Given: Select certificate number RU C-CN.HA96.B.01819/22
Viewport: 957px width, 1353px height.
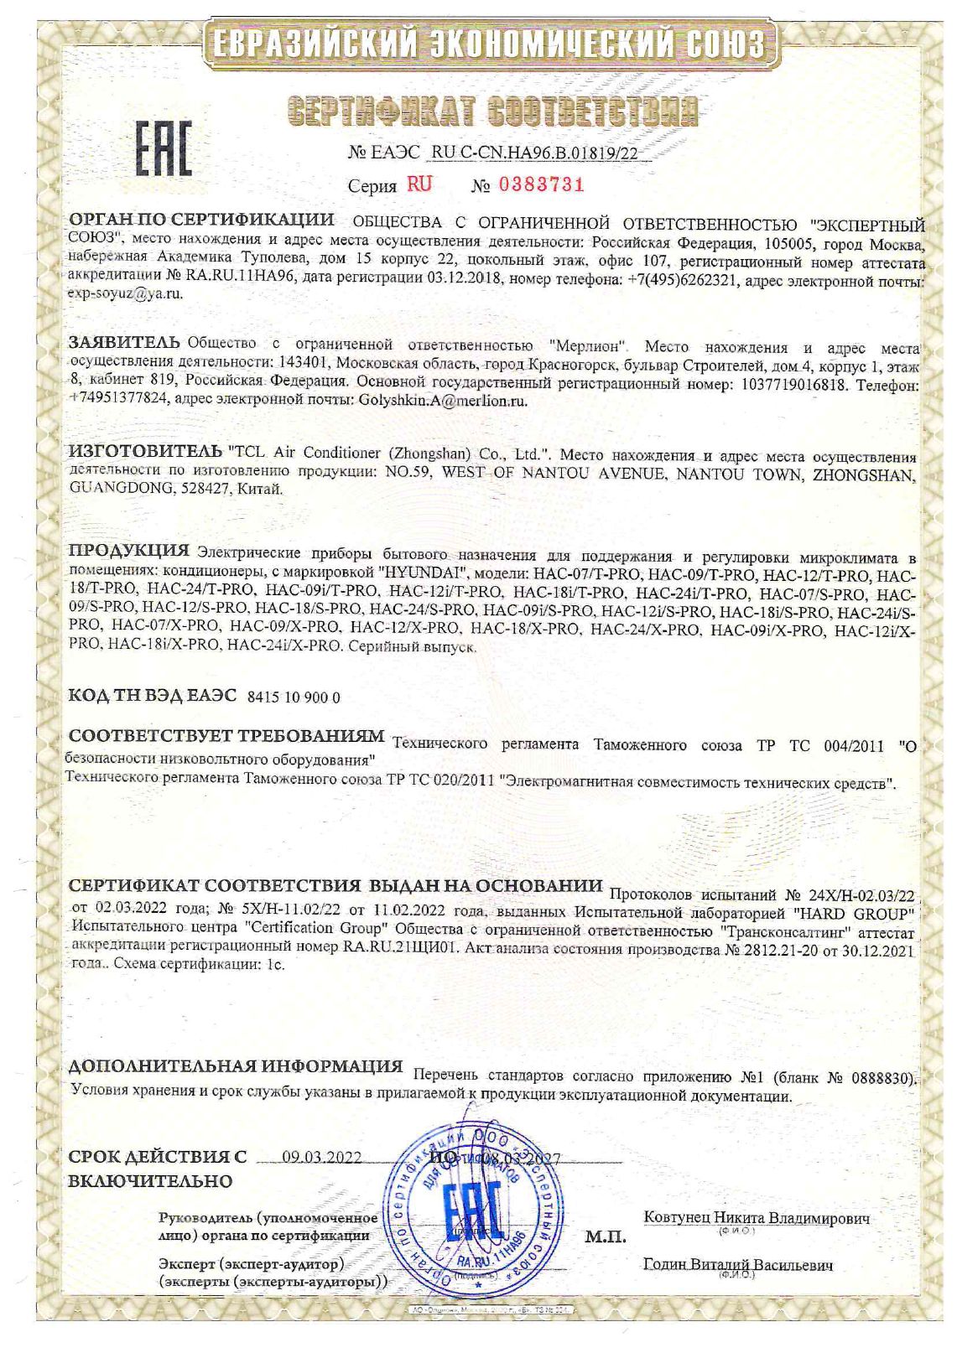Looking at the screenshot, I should [x=541, y=153].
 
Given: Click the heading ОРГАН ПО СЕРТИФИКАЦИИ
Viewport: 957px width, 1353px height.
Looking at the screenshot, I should [x=201, y=220].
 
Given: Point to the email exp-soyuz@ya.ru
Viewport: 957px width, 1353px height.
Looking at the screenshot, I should [x=125, y=293].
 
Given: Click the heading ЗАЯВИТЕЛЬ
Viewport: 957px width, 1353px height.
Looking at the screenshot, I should [x=124, y=342].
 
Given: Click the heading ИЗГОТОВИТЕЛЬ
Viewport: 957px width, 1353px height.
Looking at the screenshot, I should [x=145, y=453].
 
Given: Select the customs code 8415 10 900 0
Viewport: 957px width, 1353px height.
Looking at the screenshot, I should [x=294, y=697].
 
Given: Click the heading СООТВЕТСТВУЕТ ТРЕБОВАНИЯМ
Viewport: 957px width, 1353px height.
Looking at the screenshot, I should [x=226, y=737].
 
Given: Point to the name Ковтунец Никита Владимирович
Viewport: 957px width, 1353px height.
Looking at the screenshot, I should [x=756, y=1217].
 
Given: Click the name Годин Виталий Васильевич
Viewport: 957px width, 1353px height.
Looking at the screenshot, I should [x=738, y=1265].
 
